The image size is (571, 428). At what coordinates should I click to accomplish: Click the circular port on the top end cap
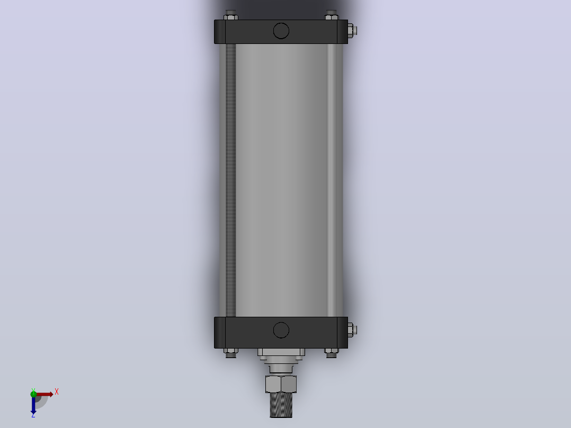(281, 31)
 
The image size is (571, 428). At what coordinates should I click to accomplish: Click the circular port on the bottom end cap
(281, 330)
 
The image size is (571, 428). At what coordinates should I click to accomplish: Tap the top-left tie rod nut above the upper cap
(230, 15)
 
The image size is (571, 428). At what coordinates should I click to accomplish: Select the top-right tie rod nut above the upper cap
(332, 15)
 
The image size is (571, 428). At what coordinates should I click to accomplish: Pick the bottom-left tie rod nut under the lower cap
(230, 353)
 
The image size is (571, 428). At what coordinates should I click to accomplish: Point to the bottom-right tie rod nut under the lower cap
(332, 353)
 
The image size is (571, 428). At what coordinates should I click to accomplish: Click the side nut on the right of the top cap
(352, 31)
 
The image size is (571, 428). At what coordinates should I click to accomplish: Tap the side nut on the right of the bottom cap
(352, 330)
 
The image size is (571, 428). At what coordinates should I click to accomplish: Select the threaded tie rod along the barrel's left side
(230, 180)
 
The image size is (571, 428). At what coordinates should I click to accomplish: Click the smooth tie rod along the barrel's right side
(332, 180)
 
